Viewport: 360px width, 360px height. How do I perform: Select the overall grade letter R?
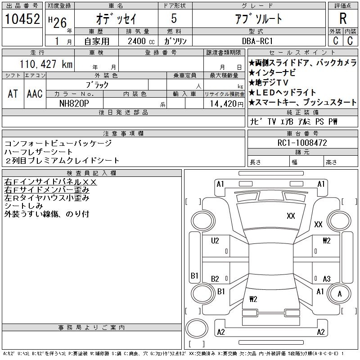(x=343, y=19)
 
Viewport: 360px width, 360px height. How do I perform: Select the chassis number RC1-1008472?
(x=302, y=143)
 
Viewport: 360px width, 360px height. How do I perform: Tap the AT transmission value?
(x=13, y=94)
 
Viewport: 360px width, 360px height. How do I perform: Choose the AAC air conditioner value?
(x=35, y=94)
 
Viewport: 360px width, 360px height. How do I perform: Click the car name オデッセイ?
(x=116, y=19)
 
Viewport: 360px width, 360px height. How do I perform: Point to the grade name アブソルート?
(x=258, y=19)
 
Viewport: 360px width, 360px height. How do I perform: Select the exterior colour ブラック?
(x=97, y=85)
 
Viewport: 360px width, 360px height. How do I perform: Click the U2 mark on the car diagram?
(x=215, y=241)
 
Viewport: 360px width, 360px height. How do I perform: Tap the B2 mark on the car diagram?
(x=215, y=279)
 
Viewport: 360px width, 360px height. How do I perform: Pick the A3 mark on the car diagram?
(x=327, y=279)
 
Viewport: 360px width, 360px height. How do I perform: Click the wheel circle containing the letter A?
(x=340, y=293)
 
